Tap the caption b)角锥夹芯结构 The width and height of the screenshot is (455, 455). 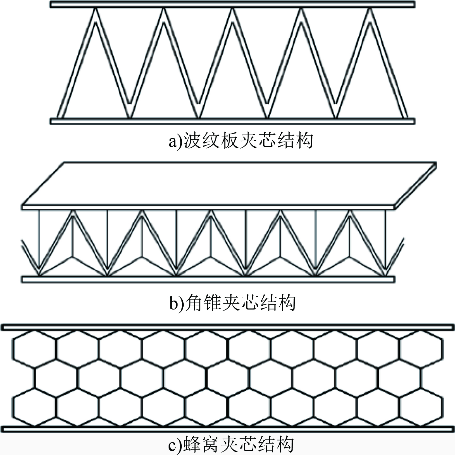232,303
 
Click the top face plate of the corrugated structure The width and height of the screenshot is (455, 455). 232,5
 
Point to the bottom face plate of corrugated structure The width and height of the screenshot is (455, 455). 232,121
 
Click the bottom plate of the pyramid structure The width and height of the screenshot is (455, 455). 208,279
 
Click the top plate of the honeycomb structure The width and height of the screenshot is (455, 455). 227,328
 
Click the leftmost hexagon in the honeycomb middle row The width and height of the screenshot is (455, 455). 56,379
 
